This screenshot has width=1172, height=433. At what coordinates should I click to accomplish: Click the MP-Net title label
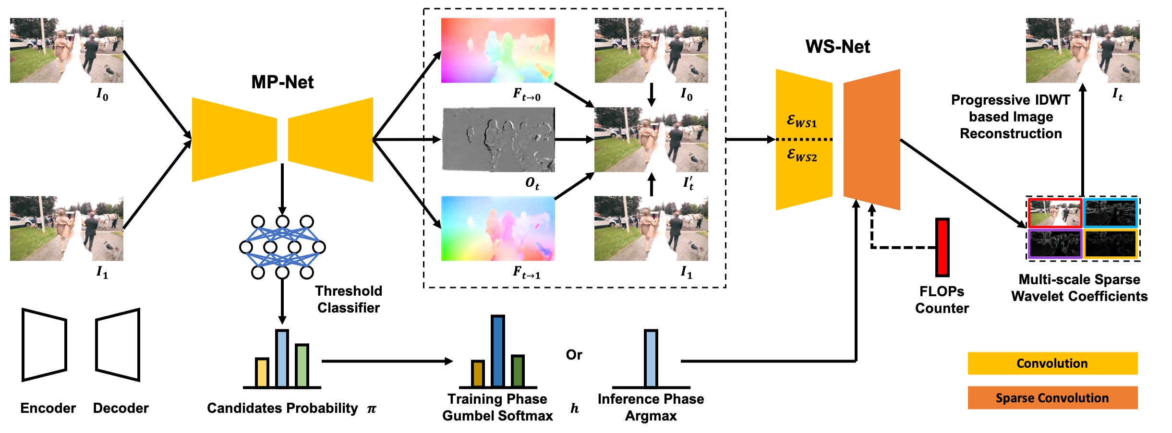pyautogui.click(x=282, y=82)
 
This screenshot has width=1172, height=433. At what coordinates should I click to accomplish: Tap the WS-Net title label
pyautogui.click(x=838, y=47)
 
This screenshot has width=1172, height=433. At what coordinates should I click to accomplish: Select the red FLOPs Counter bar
pyautogui.click(x=942, y=247)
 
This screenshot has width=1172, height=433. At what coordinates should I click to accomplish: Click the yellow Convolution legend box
pyautogui.click(x=1052, y=363)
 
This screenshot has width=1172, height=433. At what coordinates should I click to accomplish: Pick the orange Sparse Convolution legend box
pyautogui.click(x=1052, y=398)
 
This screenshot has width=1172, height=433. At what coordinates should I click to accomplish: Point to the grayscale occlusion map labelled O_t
pyautogui.click(x=498, y=139)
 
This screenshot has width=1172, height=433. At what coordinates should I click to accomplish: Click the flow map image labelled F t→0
pyautogui.click(x=498, y=50)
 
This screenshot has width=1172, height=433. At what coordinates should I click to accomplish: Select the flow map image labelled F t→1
pyautogui.click(x=498, y=229)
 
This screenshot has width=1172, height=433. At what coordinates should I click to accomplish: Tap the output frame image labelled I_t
pyautogui.click(x=1083, y=50)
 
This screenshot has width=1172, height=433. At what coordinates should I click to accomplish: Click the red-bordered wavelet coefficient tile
pyautogui.click(x=1055, y=213)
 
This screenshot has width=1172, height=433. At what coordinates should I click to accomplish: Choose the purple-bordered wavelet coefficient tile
pyautogui.click(x=1055, y=244)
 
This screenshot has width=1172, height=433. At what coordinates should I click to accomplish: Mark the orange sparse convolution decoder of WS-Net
pyautogui.click(x=872, y=139)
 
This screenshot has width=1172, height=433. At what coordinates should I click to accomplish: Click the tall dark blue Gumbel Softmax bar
pyautogui.click(x=498, y=351)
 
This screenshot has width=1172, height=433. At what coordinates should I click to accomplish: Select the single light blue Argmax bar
pyautogui.click(x=651, y=358)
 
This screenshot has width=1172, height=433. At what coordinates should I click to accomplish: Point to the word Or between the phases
pyautogui.click(x=574, y=355)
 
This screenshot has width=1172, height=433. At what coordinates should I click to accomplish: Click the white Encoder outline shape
pyautogui.click(x=44, y=345)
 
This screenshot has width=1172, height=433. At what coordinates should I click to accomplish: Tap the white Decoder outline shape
pyautogui.click(x=118, y=345)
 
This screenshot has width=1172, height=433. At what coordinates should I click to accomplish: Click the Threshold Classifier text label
pyautogui.click(x=349, y=299)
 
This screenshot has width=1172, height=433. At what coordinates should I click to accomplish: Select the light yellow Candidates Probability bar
pyautogui.click(x=262, y=373)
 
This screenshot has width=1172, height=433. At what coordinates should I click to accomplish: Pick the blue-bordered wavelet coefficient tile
pyautogui.click(x=1111, y=213)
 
